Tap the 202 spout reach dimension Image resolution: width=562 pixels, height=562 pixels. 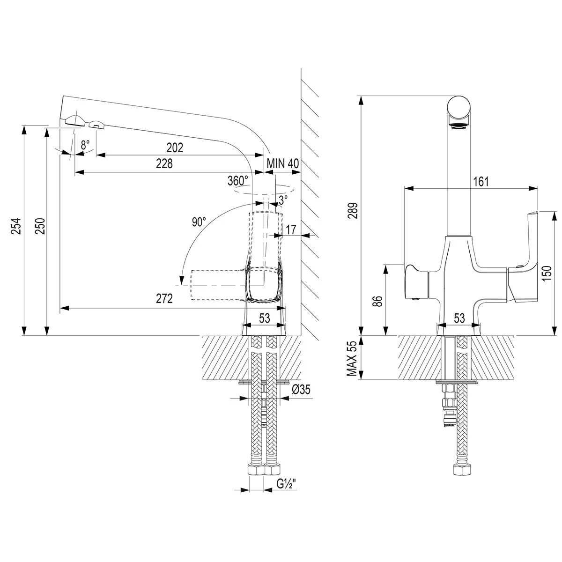click(175, 148)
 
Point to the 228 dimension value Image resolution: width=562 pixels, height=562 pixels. click(164, 163)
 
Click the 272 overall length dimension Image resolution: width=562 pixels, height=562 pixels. click(164, 299)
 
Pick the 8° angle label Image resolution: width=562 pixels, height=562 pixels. click(85, 145)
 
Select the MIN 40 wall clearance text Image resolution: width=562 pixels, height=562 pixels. click(283, 163)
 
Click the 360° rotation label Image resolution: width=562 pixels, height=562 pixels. click(237, 181)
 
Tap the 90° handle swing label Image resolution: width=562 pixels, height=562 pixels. click(199, 222)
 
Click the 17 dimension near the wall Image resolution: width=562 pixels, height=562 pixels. click(290, 229)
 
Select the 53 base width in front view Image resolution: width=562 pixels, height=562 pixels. click(459, 318)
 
